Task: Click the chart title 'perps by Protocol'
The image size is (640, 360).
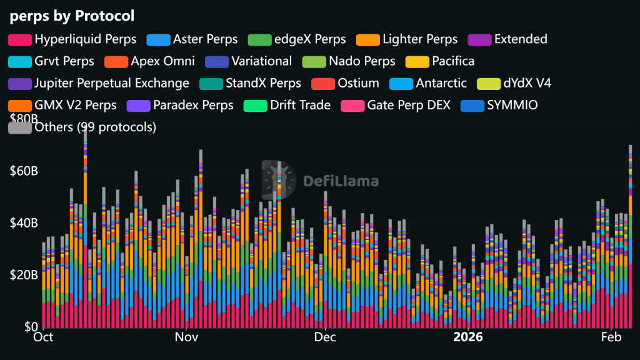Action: (x=72, y=15)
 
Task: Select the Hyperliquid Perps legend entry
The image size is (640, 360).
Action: (x=85, y=39)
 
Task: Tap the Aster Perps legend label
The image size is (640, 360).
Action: (x=205, y=39)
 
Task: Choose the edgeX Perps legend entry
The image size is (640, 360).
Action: (x=309, y=39)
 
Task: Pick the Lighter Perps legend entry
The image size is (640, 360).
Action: (x=419, y=39)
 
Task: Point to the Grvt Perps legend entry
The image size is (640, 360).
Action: (x=64, y=61)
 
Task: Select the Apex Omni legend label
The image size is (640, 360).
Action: (x=162, y=61)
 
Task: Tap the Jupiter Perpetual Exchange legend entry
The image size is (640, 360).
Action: (x=111, y=83)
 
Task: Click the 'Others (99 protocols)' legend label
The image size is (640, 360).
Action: (x=95, y=127)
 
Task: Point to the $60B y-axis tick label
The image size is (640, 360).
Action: (x=23, y=171)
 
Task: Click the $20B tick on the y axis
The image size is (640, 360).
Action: (x=23, y=275)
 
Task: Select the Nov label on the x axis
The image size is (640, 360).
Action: (x=186, y=338)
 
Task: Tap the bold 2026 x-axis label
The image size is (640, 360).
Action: (x=468, y=338)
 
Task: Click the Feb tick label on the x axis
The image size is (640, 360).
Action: (x=611, y=338)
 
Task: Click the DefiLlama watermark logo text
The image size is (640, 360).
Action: (x=341, y=181)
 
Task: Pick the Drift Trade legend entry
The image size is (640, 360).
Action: (x=300, y=105)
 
